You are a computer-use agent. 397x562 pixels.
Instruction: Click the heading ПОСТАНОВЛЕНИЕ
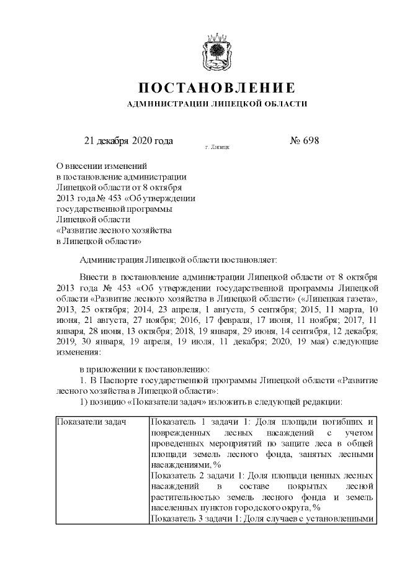[x=216, y=87]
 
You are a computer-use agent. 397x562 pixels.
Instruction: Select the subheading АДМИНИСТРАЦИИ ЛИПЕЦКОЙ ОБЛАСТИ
[x=216, y=104]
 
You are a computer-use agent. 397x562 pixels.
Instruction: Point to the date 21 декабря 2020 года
[x=128, y=141]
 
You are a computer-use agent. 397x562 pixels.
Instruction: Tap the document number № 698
[x=304, y=141]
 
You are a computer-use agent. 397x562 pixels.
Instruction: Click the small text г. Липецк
[x=216, y=148]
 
